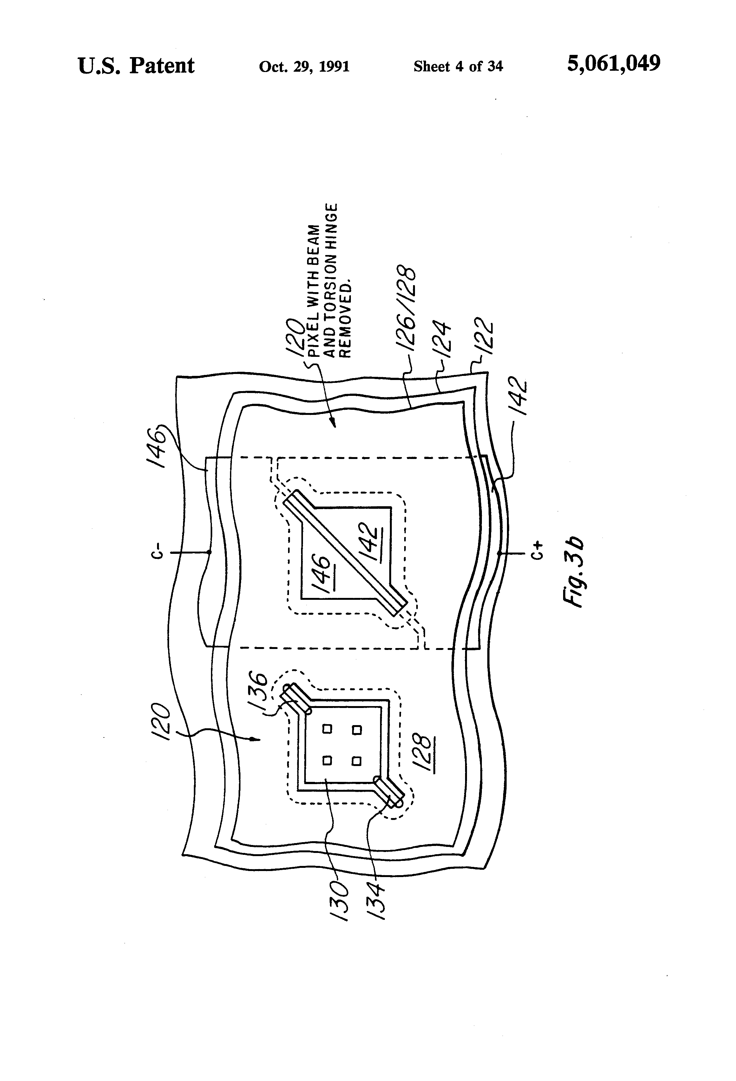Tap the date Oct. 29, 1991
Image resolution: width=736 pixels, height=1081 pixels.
click(304, 67)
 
